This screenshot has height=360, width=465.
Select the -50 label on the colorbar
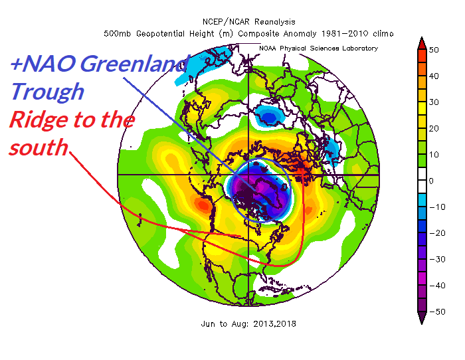436,310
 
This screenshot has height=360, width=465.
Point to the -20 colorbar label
436,232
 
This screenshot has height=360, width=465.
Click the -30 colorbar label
436,258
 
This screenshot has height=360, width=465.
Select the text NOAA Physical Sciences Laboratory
320,48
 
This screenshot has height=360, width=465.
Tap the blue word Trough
47,92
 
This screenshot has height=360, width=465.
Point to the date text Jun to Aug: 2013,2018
248,324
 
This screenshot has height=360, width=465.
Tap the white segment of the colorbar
421,180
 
